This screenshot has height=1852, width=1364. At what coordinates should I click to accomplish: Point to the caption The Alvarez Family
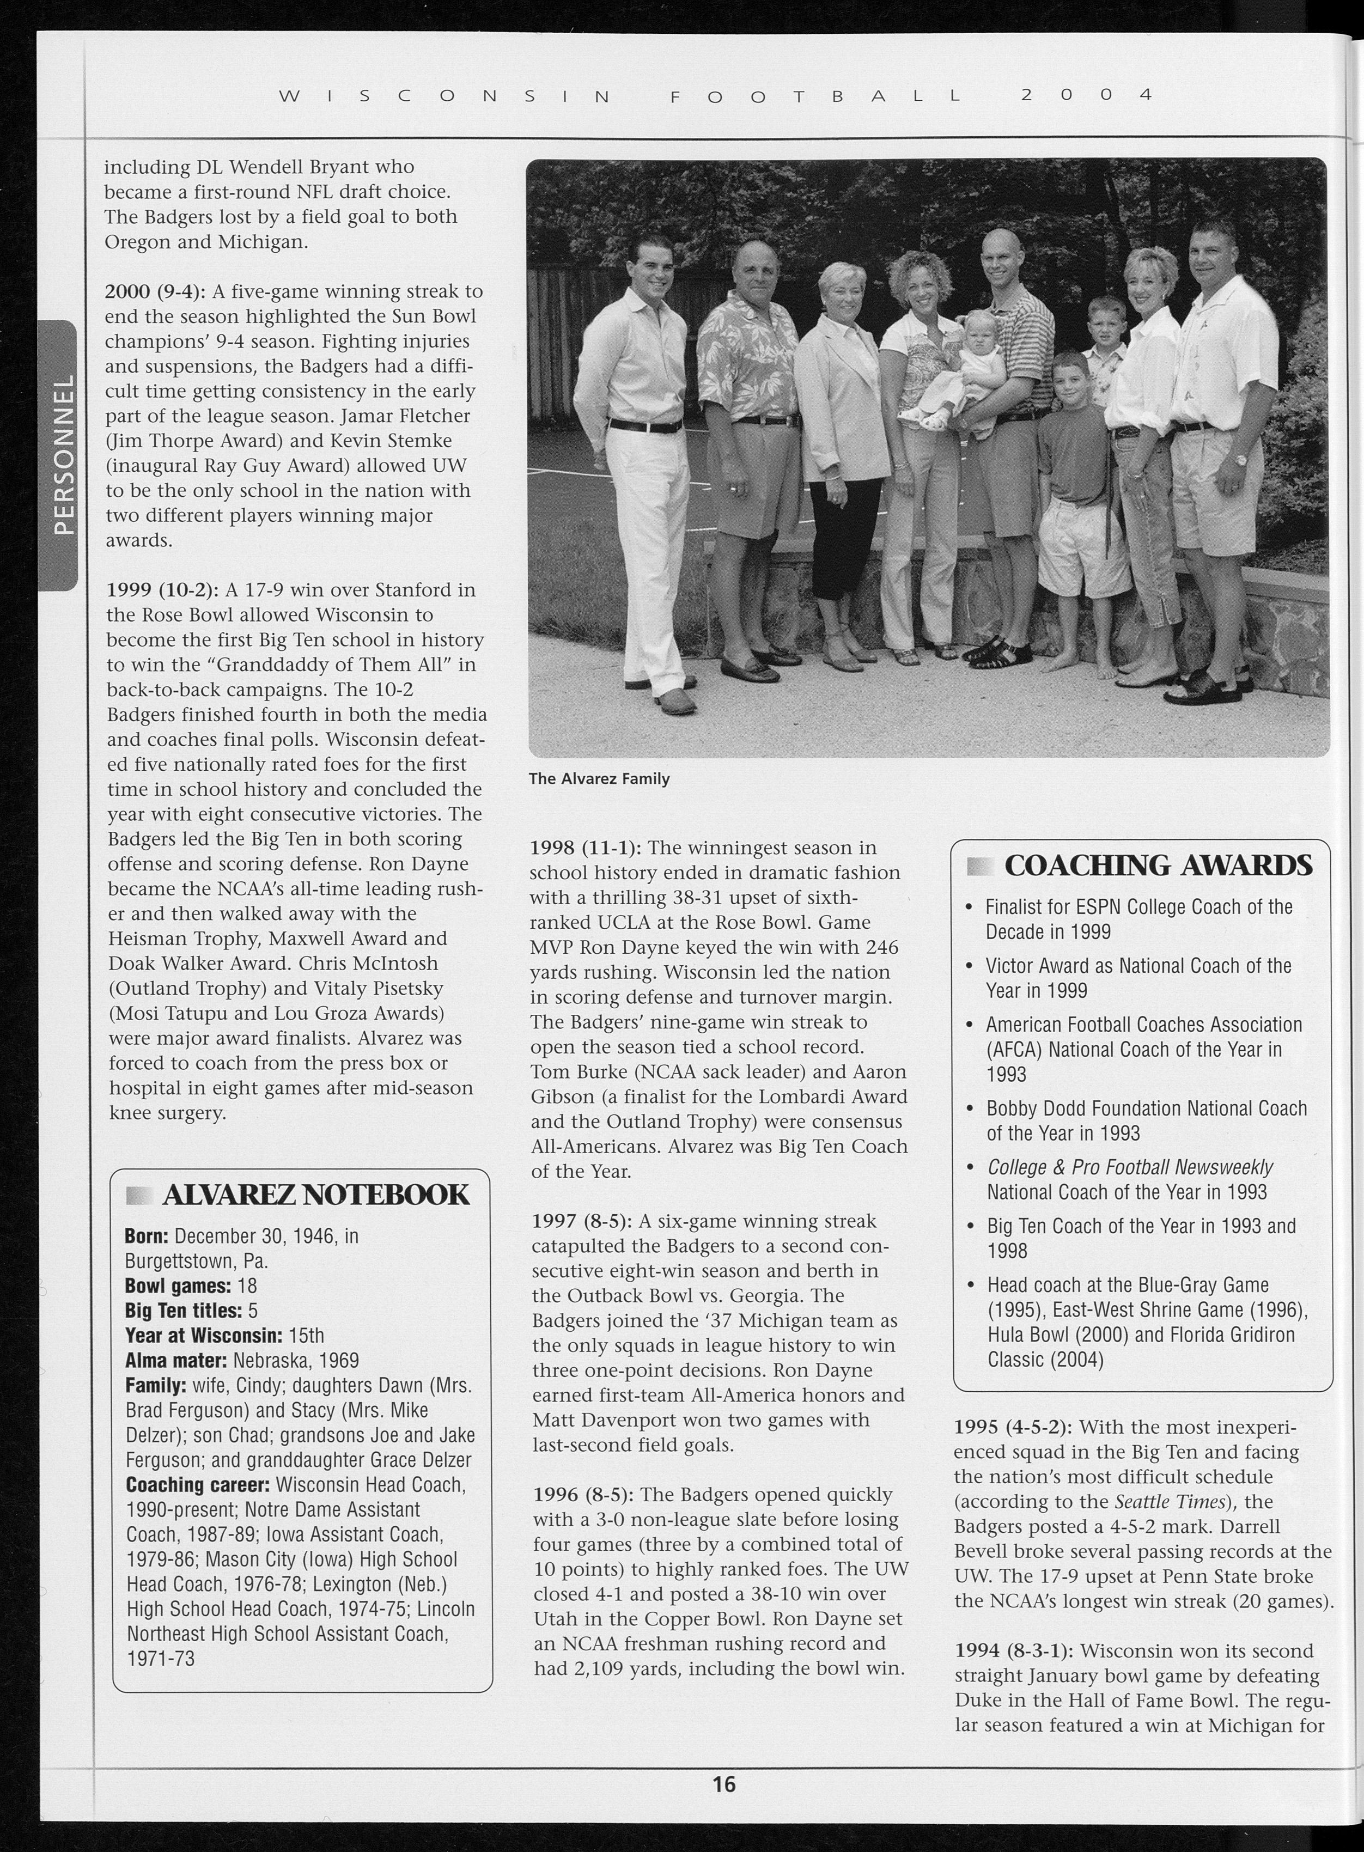click(599, 778)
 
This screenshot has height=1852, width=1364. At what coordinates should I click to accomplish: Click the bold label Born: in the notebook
click(146, 1236)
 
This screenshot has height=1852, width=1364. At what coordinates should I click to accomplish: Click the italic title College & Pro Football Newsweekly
click(1130, 1167)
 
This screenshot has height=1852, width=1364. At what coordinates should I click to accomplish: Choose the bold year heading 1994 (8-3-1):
click(1013, 1650)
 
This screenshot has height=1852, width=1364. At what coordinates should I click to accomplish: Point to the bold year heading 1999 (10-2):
click(162, 590)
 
